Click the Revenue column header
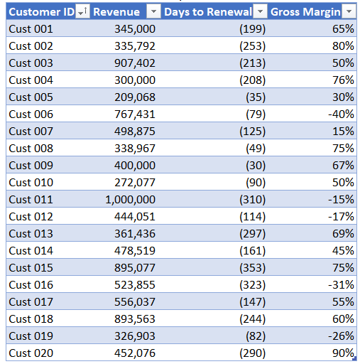tap(116, 11)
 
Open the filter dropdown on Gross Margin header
tap(349, 11)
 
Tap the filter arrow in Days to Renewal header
tap(261, 11)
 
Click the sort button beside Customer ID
tap(82, 11)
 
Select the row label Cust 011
tap(31, 200)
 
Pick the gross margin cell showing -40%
tap(340, 114)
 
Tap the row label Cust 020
tap(31, 353)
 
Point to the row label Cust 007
tap(31, 131)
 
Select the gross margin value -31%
tap(340, 285)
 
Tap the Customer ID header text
tap(41, 11)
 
